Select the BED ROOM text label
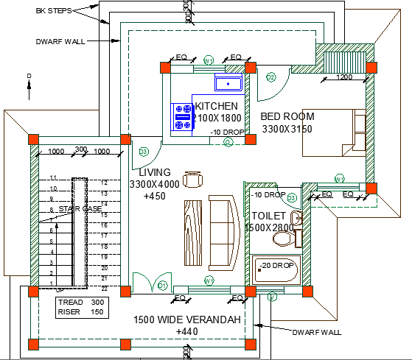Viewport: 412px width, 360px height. point(287,116)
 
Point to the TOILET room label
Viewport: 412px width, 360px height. point(268,216)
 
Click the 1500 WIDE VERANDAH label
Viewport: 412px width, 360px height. point(186,320)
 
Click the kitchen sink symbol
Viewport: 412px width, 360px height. point(228,83)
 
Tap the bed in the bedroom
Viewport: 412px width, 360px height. point(336,133)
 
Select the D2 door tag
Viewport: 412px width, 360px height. point(270,77)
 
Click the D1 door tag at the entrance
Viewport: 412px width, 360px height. point(162,285)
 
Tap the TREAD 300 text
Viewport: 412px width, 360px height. point(80,302)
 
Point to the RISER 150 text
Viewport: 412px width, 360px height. point(80,312)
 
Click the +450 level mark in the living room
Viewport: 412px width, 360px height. point(154,196)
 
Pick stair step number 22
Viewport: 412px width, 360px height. point(104,288)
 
